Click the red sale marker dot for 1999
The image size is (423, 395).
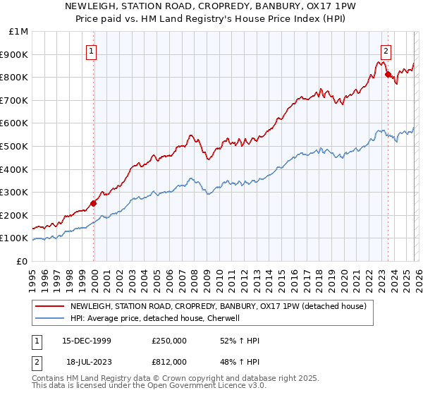(x=94, y=203)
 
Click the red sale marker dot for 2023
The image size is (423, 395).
(x=388, y=73)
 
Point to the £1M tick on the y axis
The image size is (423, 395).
(x=19, y=32)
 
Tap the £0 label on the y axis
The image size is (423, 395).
(x=22, y=261)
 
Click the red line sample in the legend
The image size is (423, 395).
(x=50, y=307)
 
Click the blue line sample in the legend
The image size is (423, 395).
(x=50, y=319)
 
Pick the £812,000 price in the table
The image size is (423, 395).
(x=169, y=361)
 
